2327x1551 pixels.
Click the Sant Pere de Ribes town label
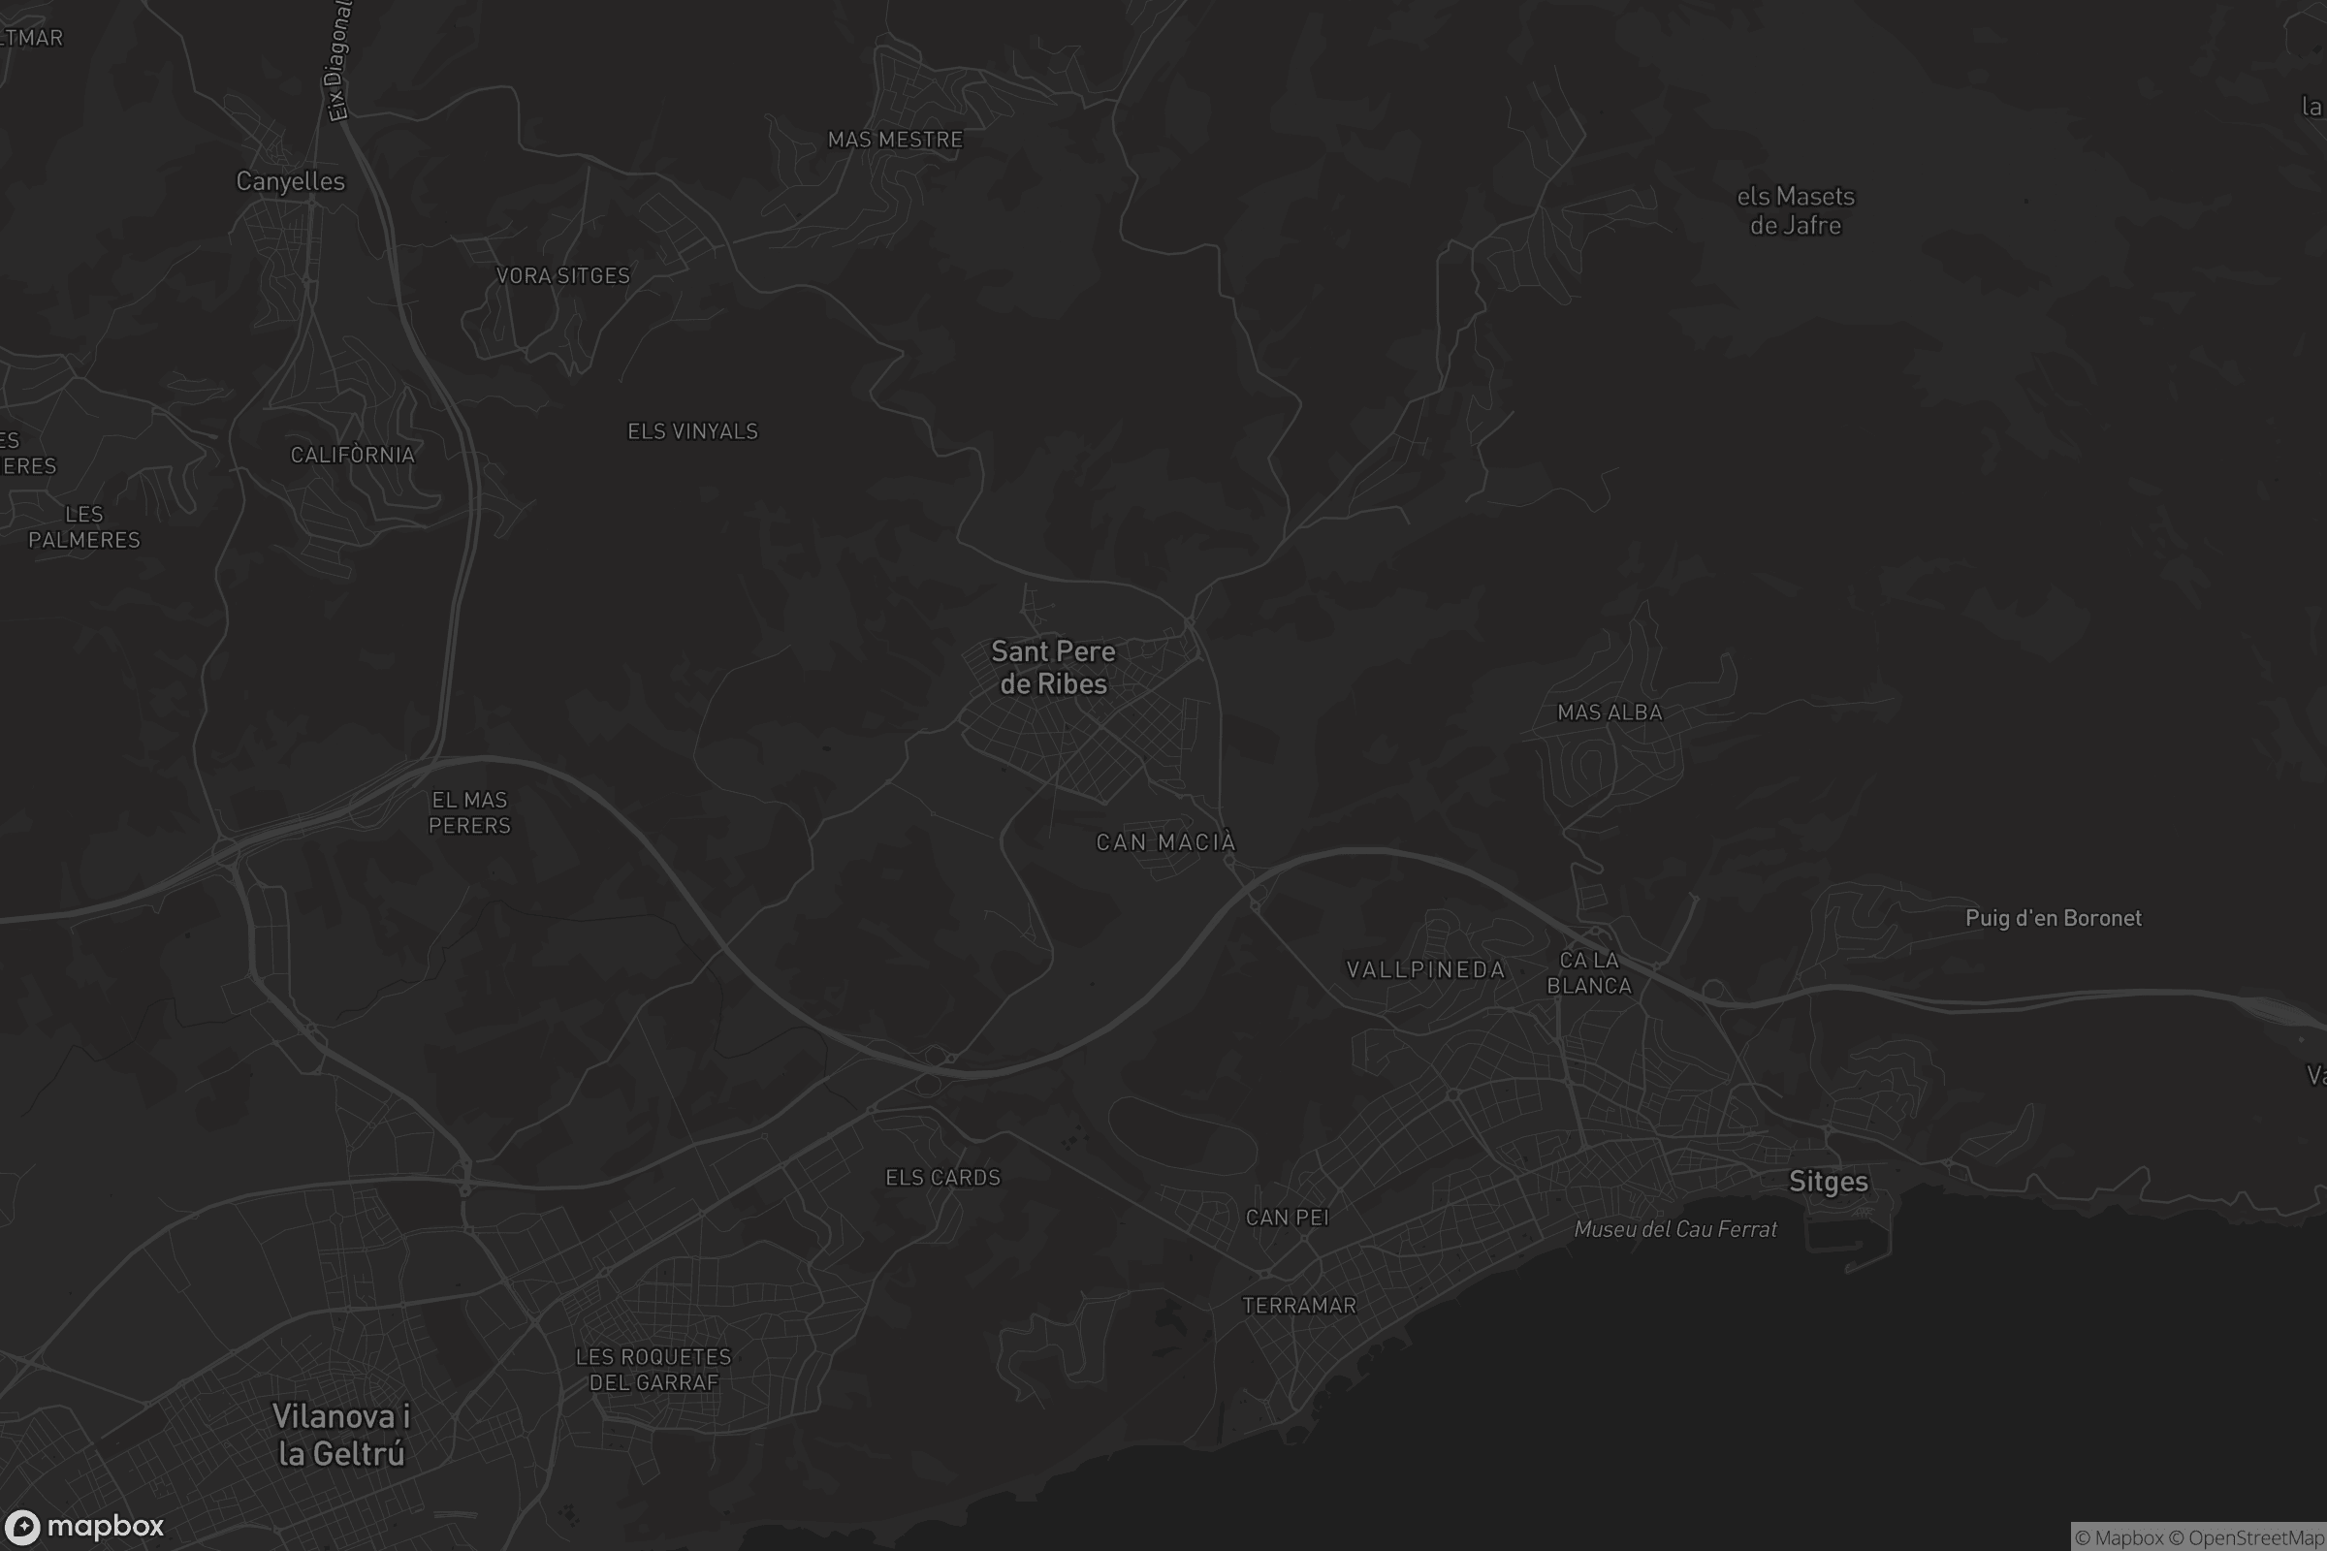point(1053,668)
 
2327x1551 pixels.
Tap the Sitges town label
point(1829,1182)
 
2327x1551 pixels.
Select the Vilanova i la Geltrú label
point(341,1435)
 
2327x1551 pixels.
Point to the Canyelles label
point(290,181)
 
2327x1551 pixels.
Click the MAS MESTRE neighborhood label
point(894,140)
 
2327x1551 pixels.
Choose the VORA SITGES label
point(563,276)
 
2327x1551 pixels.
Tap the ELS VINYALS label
point(692,431)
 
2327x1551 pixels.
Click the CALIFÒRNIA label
point(352,455)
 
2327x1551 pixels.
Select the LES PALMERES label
point(84,527)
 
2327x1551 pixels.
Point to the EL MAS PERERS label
point(470,812)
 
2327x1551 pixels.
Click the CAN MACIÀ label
point(1165,842)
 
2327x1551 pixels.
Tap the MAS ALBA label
point(1610,712)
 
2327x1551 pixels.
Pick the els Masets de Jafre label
point(1796,210)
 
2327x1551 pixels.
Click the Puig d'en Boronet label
point(2053,918)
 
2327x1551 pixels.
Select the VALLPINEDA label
point(1425,969)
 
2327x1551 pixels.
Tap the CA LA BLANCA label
point(1589,972)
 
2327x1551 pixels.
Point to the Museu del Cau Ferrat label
point(1675,1229)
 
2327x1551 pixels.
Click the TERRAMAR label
point(1299,1306)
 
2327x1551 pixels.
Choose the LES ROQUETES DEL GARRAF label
point(653,1370)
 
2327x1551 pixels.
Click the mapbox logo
point(83,1526)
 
